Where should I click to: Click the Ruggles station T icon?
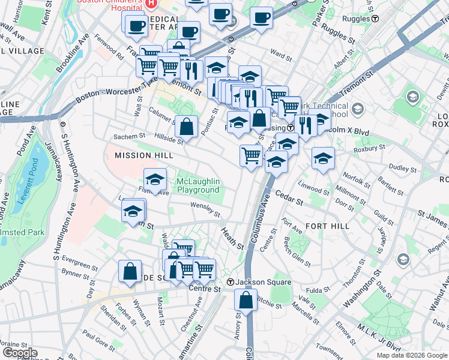pos(375,19)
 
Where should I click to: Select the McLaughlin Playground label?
pos(198,186)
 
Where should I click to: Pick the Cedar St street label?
pos(289,197)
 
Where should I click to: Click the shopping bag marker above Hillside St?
pos(187,127)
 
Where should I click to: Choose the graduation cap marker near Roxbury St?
pos(323,158)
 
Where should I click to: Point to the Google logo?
pos(20,353)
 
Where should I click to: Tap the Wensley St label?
pos(205,209)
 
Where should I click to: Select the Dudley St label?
pos(399,168)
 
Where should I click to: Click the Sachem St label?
pos(130,137)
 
